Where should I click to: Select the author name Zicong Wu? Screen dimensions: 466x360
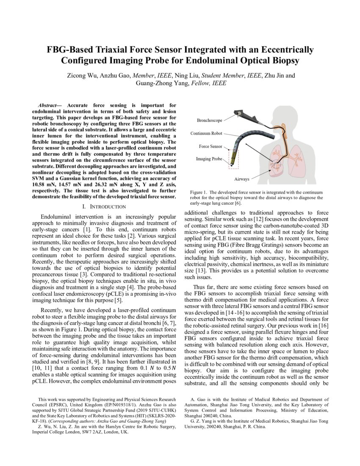tap(82, 76)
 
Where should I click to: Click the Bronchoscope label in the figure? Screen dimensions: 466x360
tap(209, 120)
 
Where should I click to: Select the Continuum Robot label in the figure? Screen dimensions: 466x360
tap(206, 133)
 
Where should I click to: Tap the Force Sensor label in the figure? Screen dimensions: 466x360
tap(210, 146)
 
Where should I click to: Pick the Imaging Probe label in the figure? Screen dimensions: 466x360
tap(209, 159)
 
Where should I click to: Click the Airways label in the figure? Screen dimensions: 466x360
tap(242, 179)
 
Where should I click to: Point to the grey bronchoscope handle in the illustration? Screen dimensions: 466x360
tap(240, 114)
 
